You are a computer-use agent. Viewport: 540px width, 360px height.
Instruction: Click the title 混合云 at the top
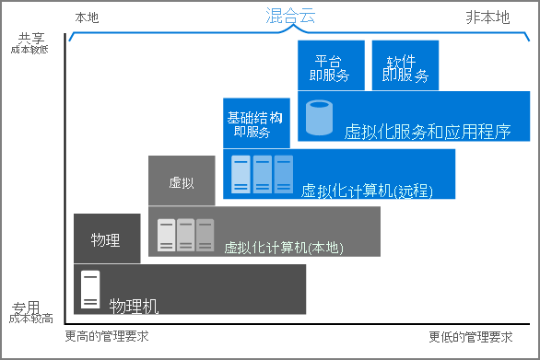[289, 16]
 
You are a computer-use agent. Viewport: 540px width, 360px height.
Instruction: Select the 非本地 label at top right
[487, 17]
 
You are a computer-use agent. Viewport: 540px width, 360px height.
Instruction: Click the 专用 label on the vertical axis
[28, 307]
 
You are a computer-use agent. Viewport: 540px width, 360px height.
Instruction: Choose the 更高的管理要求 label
[106, 337]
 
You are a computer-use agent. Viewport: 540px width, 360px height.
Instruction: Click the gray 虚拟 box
[181, 181]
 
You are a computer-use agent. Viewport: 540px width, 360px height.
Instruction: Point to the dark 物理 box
[106, 239]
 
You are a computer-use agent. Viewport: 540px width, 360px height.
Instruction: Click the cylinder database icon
[320, 117]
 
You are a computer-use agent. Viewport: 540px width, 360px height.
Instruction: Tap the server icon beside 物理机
[90, 289]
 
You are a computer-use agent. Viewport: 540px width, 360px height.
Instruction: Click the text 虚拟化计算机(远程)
[367, 190]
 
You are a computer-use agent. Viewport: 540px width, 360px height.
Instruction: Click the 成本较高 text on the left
[31, 319]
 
